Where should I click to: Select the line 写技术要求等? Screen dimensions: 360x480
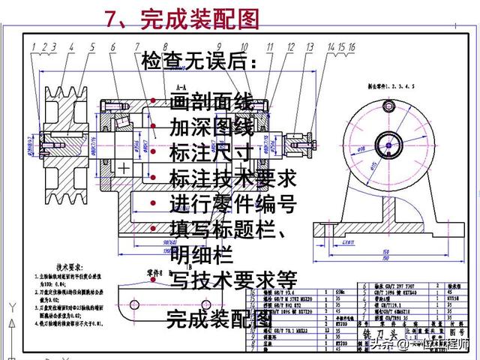[234, 280]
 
